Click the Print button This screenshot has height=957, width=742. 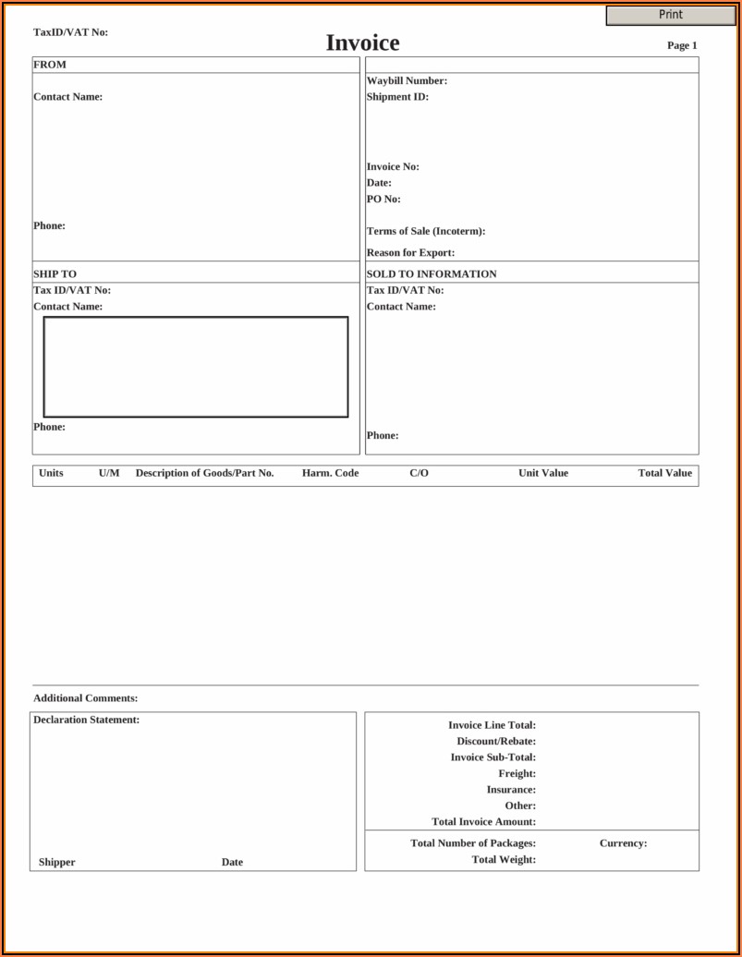click(671, 15)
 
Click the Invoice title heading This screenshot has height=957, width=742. click(362, 43)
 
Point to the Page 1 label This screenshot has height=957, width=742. click(682, 45)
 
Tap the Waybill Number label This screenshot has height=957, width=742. click(407, 81)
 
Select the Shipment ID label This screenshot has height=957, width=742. click(397, 97)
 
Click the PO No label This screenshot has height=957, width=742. click(383, 200)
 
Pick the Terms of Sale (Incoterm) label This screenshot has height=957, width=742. click(425, 232)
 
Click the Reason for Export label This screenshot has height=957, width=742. click(410, 253)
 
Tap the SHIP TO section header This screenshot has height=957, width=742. click(55, 274)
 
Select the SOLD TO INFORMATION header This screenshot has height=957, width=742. click(432, 274)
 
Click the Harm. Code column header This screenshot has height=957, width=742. click(330, 474)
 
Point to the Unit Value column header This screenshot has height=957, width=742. click(543, 474)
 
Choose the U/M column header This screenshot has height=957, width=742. click(109, 474)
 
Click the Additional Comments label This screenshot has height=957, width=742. click(85, 699)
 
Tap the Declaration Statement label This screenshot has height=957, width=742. click(86, 721)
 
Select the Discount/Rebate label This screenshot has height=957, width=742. click(496, 742)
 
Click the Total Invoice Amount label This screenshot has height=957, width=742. click(483, 822)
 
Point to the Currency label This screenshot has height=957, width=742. click(623, 843)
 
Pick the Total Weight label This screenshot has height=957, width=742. click(504, 860)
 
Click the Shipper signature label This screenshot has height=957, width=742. click(57, 863)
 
